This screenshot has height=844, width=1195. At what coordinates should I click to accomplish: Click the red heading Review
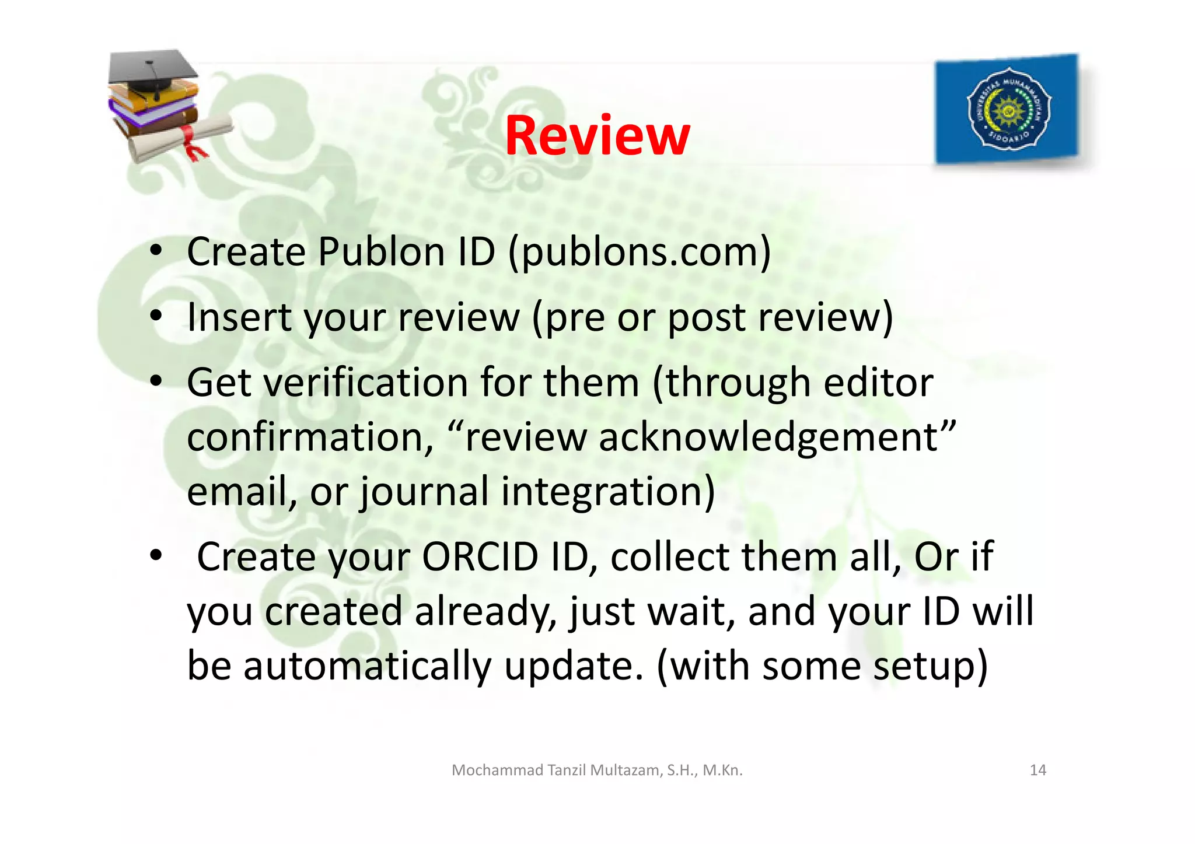point(597,136)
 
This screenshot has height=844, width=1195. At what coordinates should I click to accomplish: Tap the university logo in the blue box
point(1008,108)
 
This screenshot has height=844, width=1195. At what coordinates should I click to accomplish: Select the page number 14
point(1037,770)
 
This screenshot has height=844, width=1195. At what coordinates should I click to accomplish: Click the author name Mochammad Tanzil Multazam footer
point(597,770)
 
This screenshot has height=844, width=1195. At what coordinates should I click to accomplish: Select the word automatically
point(368,666)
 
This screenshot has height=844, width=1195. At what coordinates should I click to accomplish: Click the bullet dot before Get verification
point(155,381)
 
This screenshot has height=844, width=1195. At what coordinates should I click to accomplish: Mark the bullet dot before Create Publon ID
point(155,251)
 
